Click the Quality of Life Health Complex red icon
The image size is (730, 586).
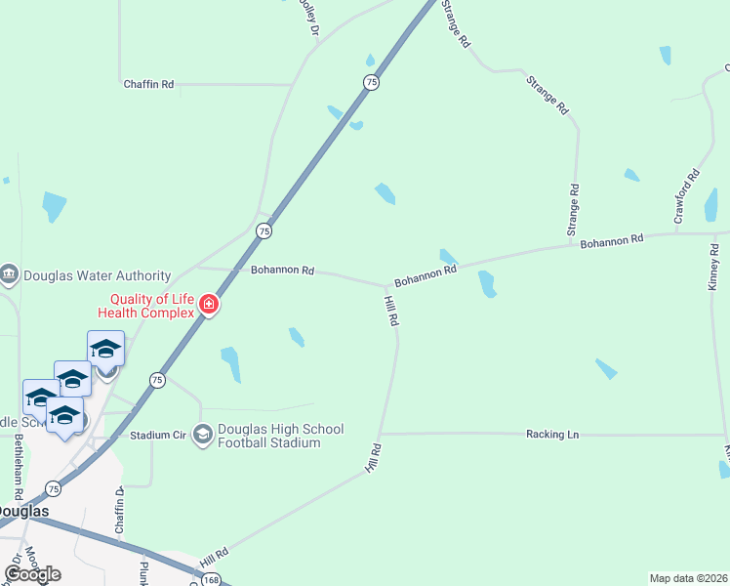[x=207, y=306]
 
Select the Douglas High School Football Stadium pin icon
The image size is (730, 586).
[x=203, y=434]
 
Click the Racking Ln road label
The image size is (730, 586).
[x=552, y=434]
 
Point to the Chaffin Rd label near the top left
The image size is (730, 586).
[x=148, y=85]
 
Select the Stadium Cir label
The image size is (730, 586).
[x=157, y=434]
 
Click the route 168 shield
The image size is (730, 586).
[x=213, y=579]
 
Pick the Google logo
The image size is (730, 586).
[x=32, y=574]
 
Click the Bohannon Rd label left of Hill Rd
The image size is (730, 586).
[x=282, y=271]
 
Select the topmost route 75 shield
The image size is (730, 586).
[x=370, y=83]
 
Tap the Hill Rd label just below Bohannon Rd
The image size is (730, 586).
[x=390, y=312]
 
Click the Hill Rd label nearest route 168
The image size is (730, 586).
[x=214, y=560]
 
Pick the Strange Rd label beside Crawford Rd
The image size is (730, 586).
[x=574, y=210]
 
